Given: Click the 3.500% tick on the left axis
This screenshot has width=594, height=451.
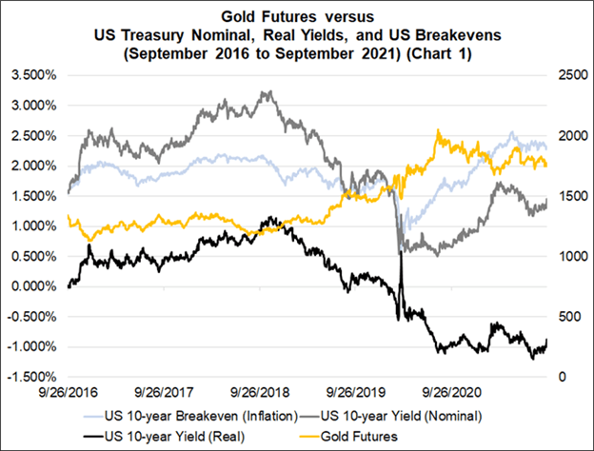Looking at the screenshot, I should click(34, 74).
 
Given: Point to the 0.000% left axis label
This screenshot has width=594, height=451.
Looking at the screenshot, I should click(34, 286).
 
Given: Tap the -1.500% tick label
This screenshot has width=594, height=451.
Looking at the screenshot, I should click(32, 377).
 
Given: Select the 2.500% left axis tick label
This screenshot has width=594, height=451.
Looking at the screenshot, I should click(34, 135).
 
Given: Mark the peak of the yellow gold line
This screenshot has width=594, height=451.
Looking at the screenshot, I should click(438, 132).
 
